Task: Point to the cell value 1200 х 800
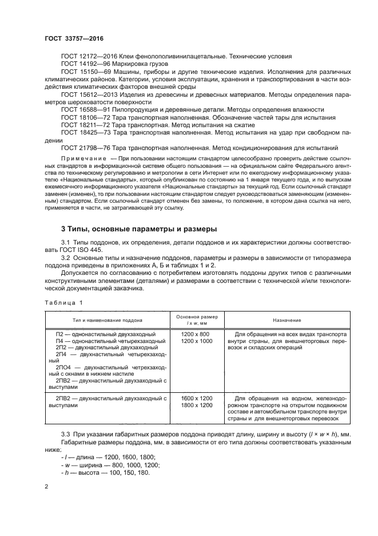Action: [195, 333]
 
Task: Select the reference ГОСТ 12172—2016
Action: [88, 56]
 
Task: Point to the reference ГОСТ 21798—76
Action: [84, 147]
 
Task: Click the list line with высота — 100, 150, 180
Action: [106, 472]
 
